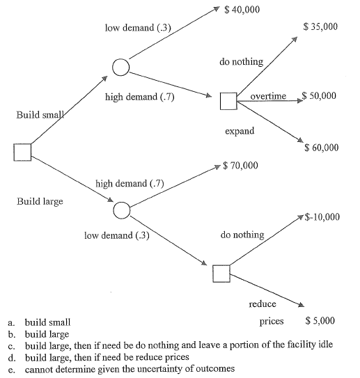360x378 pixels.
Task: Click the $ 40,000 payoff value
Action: (242, 10)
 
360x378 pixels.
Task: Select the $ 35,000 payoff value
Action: (321, 27)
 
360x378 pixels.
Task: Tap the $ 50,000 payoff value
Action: (320, 95)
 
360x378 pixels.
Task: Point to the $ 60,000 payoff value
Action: (321, 148)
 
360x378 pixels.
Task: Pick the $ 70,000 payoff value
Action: (242, 166)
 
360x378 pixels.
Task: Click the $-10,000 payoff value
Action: (322, 217)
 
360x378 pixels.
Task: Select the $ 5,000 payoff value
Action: (320, 321)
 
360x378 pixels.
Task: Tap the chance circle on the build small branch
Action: (120, 67)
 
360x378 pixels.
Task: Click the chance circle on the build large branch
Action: (121, 209)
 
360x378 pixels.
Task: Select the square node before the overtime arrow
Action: (229, 102)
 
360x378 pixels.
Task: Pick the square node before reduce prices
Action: (222, 274)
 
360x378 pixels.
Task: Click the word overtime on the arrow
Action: (268, 95)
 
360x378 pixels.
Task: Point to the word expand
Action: (239, 131)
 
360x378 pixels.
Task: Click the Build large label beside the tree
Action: (40, 201)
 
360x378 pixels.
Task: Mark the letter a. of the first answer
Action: (10, 323)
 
